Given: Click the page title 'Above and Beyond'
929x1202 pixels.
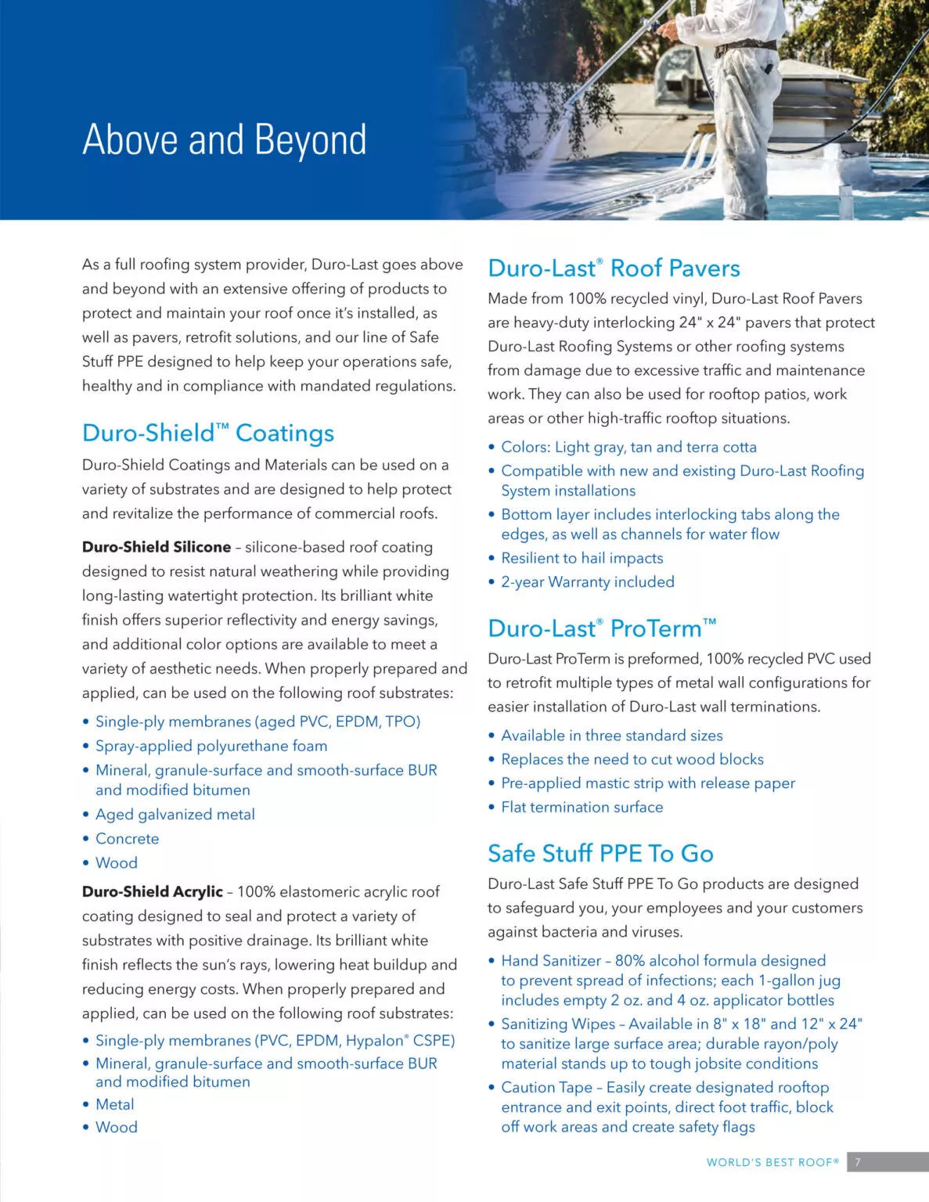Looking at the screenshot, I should click(224, 140).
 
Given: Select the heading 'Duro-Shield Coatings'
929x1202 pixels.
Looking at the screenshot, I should click(207, 433).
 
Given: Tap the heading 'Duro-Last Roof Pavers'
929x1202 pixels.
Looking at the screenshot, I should click(613, 268).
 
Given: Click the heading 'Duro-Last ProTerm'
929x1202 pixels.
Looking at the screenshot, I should click(601, 628).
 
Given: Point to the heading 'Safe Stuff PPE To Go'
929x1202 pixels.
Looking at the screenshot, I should click(600, 853).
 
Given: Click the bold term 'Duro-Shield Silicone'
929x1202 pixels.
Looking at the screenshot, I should click(157, 547).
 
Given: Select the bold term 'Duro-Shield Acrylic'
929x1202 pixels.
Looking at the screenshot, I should click(153, 891).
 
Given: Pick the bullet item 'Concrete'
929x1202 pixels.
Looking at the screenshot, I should click(127, 838).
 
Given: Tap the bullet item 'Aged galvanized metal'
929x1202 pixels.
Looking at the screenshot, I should click(175, 815).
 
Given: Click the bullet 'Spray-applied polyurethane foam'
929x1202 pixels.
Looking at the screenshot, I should click(211, 746).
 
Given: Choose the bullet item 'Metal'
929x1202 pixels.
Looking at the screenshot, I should click(114, 1104).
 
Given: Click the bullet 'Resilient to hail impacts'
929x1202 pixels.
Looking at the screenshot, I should click(582, 558).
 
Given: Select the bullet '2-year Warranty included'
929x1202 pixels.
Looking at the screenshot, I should click(587, 581).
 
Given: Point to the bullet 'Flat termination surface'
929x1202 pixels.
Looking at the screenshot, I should click(582, 807).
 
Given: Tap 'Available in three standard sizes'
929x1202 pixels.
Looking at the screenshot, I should click(611, 736).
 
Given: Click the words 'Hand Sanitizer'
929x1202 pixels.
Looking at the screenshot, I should click(551, 960).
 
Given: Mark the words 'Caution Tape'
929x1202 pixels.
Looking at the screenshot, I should click(546, 1087).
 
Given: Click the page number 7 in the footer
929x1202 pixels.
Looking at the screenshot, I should click(858, 1162).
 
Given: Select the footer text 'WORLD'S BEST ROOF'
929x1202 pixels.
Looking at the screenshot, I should click(772, 1162).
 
